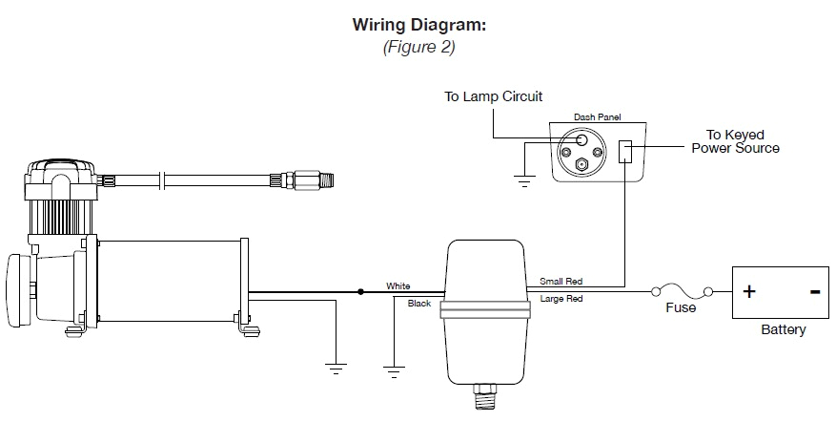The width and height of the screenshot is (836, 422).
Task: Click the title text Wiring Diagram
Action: coord(418,25)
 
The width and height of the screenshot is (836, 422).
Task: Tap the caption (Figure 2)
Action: coord(418,48)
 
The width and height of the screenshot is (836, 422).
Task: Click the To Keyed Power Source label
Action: coord(735,141)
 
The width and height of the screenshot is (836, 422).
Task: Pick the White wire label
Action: coord(398,285)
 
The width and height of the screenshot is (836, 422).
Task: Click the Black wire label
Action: coord(418,304)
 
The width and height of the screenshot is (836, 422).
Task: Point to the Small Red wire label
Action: coord(561,282)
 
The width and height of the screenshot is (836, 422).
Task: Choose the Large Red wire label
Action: coord(561,300)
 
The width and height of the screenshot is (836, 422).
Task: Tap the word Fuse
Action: coord(681,308)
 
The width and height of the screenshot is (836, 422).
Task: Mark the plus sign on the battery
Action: coord(749,291)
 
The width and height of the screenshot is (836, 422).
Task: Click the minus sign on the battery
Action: coord(815,291)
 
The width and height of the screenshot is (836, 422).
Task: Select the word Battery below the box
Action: coord(783,330)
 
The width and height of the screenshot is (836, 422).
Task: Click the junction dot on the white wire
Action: coord(360,291)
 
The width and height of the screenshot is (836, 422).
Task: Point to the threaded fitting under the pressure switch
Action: coord(487,393)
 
